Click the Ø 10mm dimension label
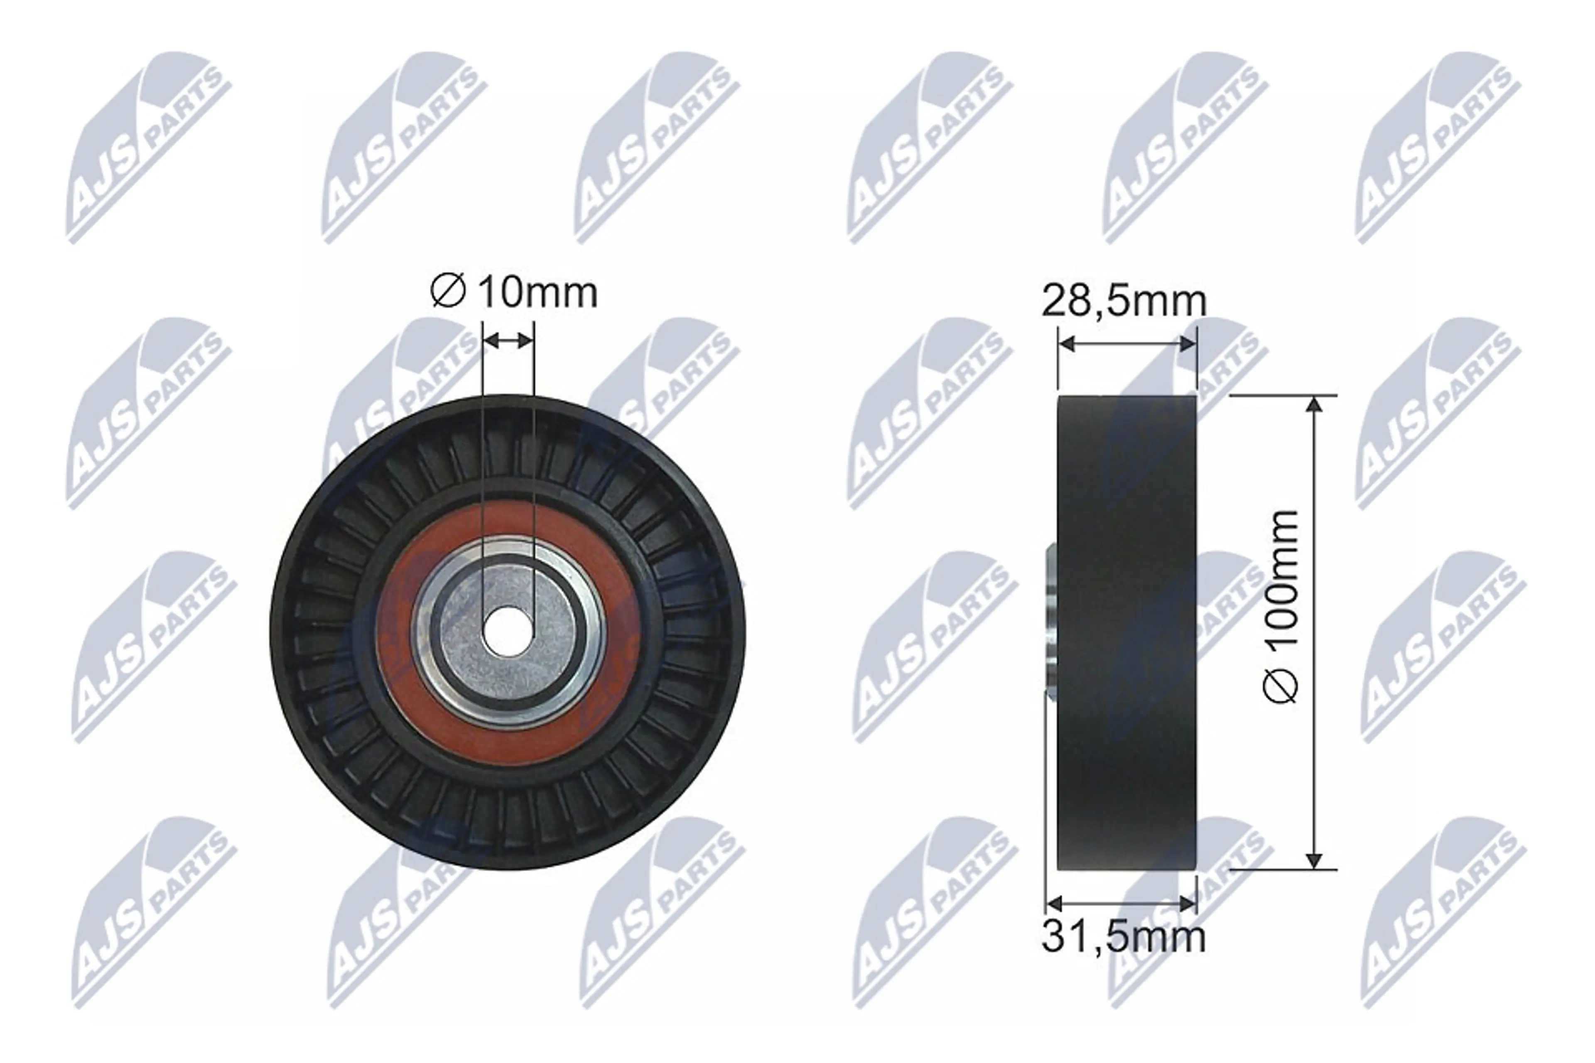514,293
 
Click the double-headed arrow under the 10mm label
508,340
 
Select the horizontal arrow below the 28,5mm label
1127,344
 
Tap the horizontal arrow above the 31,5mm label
1121,903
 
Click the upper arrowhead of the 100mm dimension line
1314,404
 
